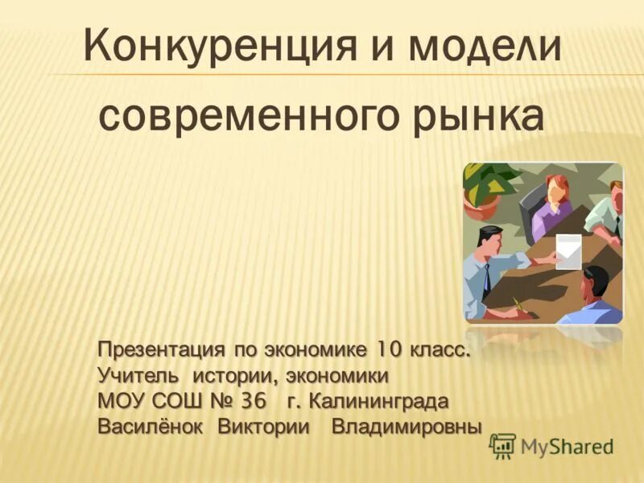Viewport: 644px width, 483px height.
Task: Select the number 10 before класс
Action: point(387,352)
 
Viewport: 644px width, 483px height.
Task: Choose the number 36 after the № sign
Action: point(252,401)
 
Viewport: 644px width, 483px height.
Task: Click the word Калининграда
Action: point(378,401)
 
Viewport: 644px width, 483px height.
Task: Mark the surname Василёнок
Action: point(151,426)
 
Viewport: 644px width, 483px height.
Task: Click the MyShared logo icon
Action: point(502,445)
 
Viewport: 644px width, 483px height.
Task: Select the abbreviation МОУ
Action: point(118,401)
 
